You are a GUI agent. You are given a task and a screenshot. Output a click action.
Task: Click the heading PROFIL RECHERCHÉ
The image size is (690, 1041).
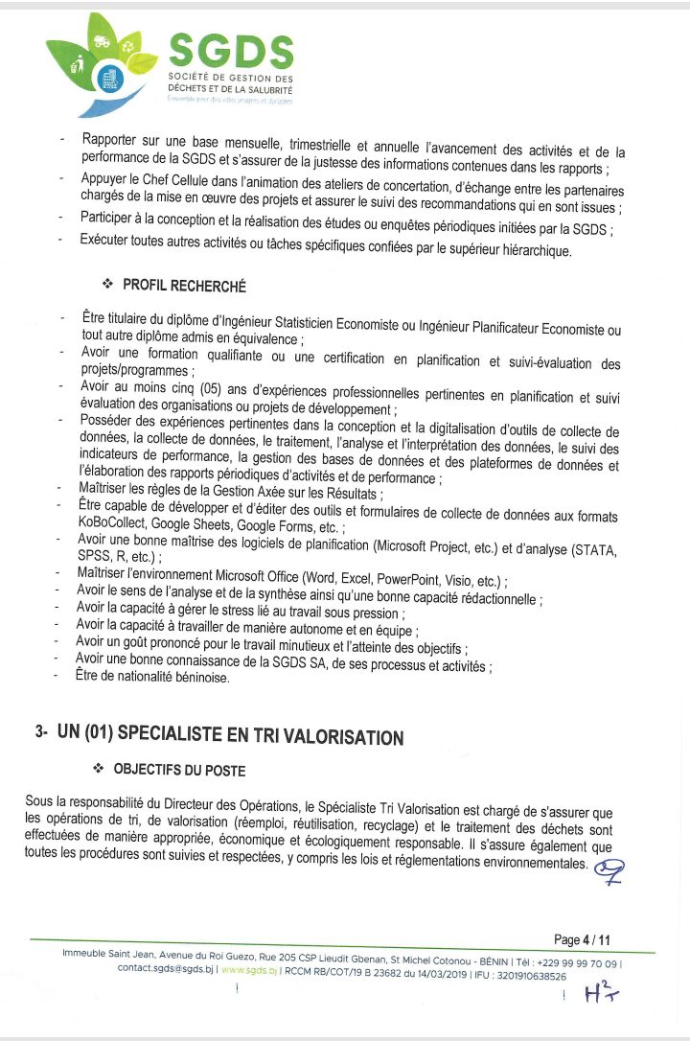(x=184, y=286)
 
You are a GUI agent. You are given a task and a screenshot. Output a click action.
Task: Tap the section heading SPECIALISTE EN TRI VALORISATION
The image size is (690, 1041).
(x=230, y=736)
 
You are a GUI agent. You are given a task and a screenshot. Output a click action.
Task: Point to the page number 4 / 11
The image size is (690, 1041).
(x=582, y=939)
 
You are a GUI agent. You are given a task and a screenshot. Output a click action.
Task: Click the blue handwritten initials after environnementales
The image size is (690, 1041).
(x=609, y=869)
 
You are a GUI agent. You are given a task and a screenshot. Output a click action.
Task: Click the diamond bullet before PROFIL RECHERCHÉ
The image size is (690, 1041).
(x=107, y=286)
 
